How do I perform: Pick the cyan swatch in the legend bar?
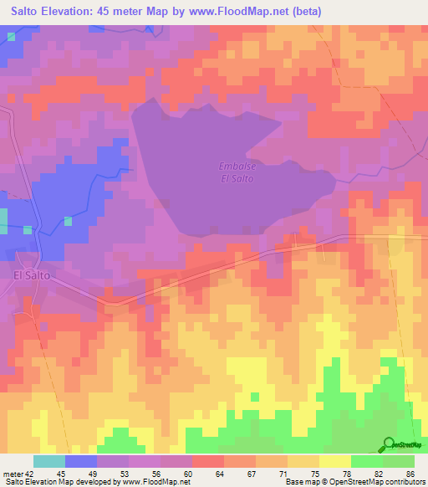49,461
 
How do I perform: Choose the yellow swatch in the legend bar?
334,461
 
